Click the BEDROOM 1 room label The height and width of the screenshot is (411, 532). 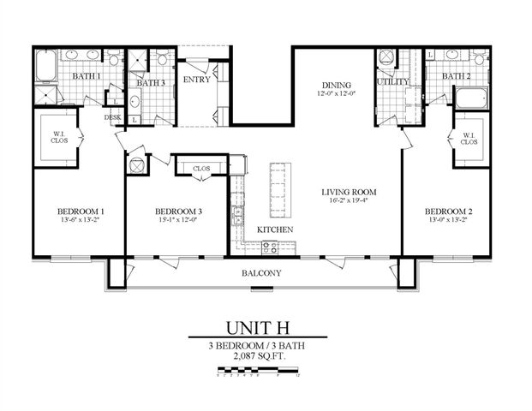tap(81, 211)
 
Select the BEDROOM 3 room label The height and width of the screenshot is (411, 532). tap(179, 211)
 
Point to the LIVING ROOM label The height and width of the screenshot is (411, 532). tap(350, 192)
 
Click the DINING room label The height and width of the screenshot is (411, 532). tap(337, 84)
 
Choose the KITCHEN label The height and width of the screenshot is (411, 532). tap(275, 230)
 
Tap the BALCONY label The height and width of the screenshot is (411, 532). tap(260, 273)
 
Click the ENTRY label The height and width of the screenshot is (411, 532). tap(198, 80)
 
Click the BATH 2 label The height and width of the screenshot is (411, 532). tap(456, 76)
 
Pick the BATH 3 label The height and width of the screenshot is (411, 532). tap(151, 83)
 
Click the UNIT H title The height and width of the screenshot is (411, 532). tap(261, 328)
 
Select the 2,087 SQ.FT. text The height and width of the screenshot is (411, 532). tap(261, 359)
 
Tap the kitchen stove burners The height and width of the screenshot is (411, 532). tap(269, 247)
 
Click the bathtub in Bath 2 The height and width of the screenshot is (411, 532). tap(470, 97)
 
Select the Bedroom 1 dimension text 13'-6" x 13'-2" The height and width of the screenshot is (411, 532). tap(81, 221)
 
